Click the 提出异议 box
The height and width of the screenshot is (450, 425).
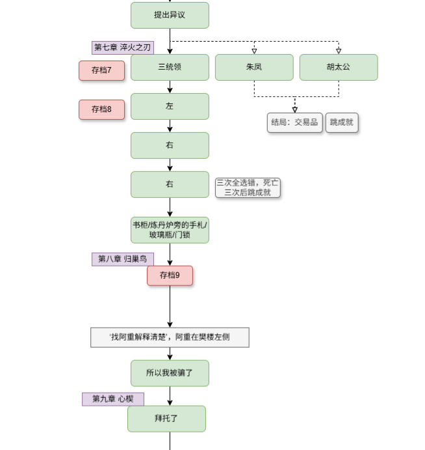pyautogui.click(x=170, y=15)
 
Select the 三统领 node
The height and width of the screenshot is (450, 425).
pyautogui.click(x=170, y=67)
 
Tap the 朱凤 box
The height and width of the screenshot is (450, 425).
pyautogui.click(x=254, y=67)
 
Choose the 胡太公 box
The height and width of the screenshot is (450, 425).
pyautogui.click(x=339, y=67)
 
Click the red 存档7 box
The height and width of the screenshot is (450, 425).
pyautogui.click(x=101, y=70)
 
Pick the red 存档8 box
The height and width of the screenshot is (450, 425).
pyautogui.click(x=101, y=109)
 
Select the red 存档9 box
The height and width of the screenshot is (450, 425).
pyautogui.click(x=170, y=275)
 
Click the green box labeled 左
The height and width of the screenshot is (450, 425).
pyautogui.click(x=170, y=106)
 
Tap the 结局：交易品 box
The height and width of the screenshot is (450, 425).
pyautogui.click(x=295, y=122)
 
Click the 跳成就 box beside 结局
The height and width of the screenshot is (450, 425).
pyautogui.click(x=342, y=122)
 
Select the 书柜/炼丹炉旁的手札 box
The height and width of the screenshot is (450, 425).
pyautogui.click(x=170, y=230)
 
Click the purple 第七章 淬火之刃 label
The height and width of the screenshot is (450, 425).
pyautogui.click(x=123, y=48)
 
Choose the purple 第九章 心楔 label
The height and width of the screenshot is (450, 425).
pyautogui.click(x=112, y=399)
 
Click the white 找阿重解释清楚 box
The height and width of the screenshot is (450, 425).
pyautogui.click(x=170, y=337)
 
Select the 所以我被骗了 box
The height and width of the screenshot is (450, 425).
pyautogui.click(x=170, y=373)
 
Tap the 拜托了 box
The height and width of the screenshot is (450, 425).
pyautogui.click(x=166, y=419)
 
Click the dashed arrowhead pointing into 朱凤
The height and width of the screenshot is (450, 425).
pyautogui.click(x=254, y=51)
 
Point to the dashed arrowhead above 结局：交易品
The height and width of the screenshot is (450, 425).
pyautogui.click(x=295, y=109)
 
